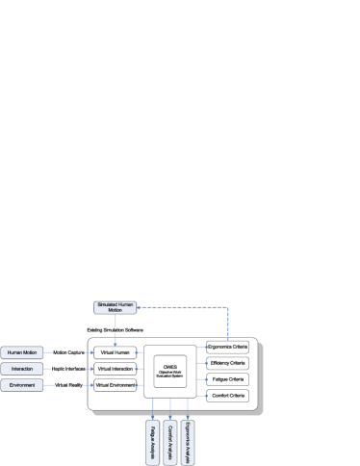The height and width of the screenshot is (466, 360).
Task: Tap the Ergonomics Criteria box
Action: [x=228, y=347]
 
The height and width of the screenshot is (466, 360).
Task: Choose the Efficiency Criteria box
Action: [x=228, y=363]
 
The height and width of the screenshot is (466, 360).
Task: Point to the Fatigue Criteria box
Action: [x=228, y=379]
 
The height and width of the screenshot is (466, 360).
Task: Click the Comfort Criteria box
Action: [x=228, y=396]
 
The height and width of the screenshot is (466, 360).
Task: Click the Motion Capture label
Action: [x=69, y=352]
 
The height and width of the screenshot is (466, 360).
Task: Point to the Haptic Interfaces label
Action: [x=69, y=369]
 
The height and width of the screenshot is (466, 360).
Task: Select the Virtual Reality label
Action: [x=69, y=385]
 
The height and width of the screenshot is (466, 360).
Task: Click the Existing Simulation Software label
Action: [x=115, y=329]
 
